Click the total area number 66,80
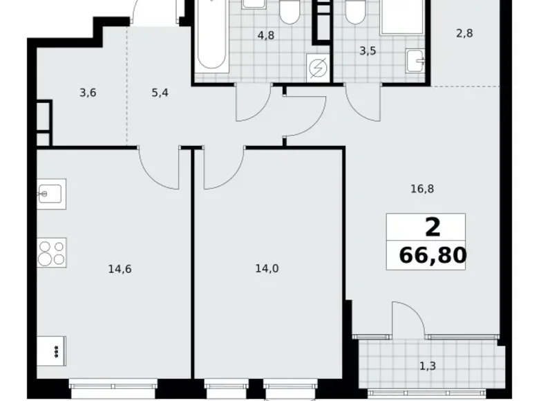click(432, 257)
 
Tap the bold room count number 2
click(433, 227)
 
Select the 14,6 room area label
click(120, 269)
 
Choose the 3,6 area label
click(87, 93)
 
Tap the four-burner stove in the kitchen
click(51, 252)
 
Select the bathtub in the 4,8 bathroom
click(211, 38)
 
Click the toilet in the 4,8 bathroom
click(289, 12)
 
